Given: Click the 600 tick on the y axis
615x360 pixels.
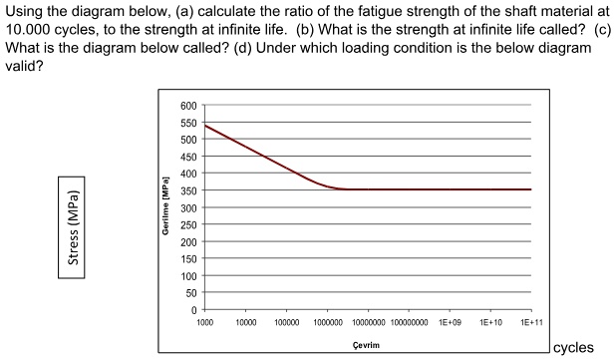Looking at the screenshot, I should point(189,106).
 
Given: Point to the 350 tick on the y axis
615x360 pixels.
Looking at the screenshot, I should point(189,189).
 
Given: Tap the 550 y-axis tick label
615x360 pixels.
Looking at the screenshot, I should point(189,123).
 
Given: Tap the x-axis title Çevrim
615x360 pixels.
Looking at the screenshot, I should point(368,344).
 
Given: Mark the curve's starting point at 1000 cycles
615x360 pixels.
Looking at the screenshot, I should point(205,125).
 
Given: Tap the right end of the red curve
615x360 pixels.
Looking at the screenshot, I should point(530,189).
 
